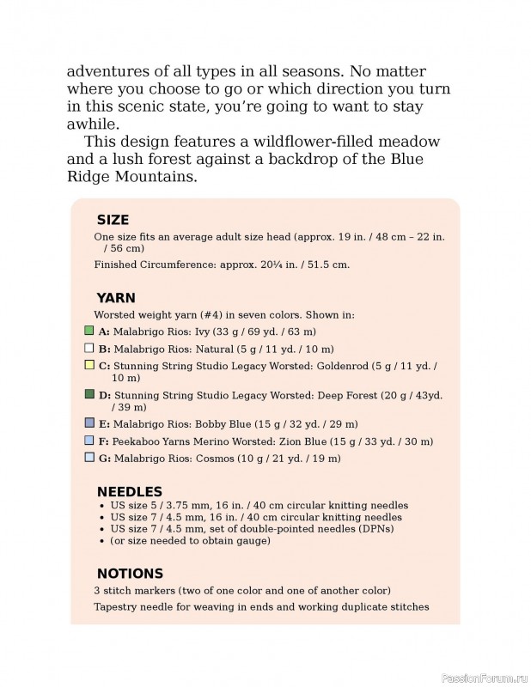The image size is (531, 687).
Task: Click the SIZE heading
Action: pos(113,220)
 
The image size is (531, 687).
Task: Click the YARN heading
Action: pos(116,298)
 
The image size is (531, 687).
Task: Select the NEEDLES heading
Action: pos(130,491)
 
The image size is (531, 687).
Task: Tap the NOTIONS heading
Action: pos(130,573)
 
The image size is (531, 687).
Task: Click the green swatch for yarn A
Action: pos(89,330)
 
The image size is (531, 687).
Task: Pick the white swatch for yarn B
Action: pos(89,349)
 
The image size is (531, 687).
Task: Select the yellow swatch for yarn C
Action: pos(89,365)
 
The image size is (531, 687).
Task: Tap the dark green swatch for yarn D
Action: pos(89,394)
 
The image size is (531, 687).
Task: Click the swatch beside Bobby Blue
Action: pos(89,423)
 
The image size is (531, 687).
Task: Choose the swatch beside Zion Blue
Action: pos(89,441)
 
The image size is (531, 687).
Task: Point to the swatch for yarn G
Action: pos(89,458)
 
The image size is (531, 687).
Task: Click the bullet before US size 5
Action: pos(103,506)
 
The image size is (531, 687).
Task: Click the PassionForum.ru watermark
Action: pos(484,678)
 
